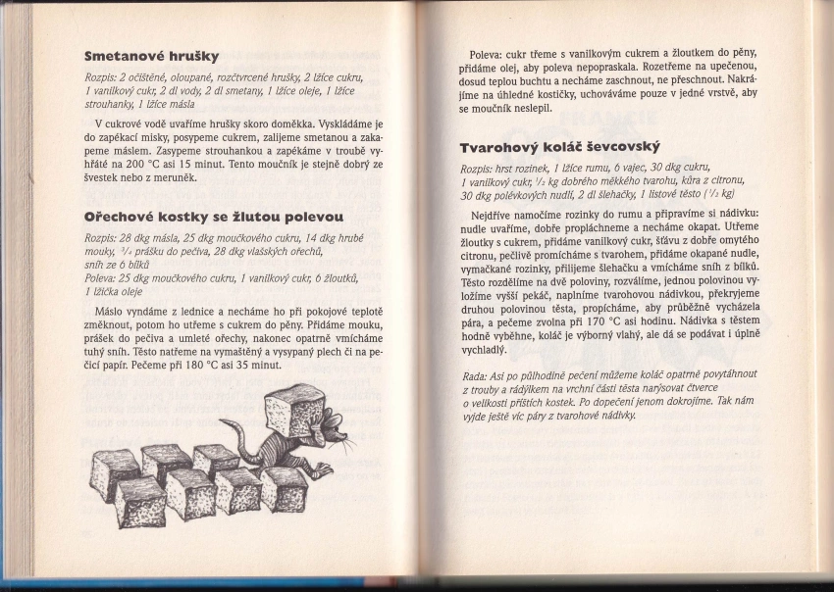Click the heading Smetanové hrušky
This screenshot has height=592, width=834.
(x=151, y=56)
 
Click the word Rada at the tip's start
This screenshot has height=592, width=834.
(x=472, y=376)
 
